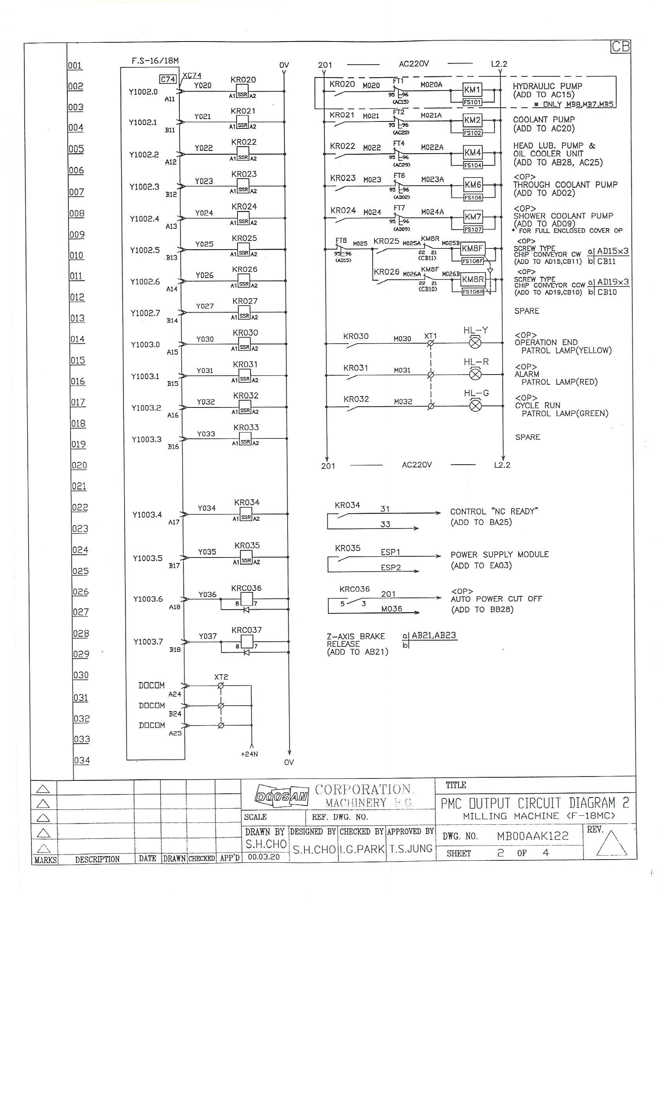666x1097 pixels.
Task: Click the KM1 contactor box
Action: click(x=472, y=89)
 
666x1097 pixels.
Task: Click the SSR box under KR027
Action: click(x=244, y=316)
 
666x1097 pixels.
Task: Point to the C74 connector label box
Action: click(x=168, y=79)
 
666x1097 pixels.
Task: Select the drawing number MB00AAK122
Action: click(x=532, y=836)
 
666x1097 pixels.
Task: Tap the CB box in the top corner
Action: click(x=621, y=47)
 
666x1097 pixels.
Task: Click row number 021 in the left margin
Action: click(x=79, y=486)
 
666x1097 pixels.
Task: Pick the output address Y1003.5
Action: click(x=147, y=558)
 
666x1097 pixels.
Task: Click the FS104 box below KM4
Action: click(x=472, y=165)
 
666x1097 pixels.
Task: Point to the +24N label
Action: click(x=249, y=754)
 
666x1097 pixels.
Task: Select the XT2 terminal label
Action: click(x=221, y=677)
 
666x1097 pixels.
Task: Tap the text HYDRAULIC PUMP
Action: click(x=547, y=86)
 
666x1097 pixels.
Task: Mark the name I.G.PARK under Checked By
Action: click(x=362, y=849)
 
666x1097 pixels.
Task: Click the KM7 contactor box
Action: click(x=473, y=217)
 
